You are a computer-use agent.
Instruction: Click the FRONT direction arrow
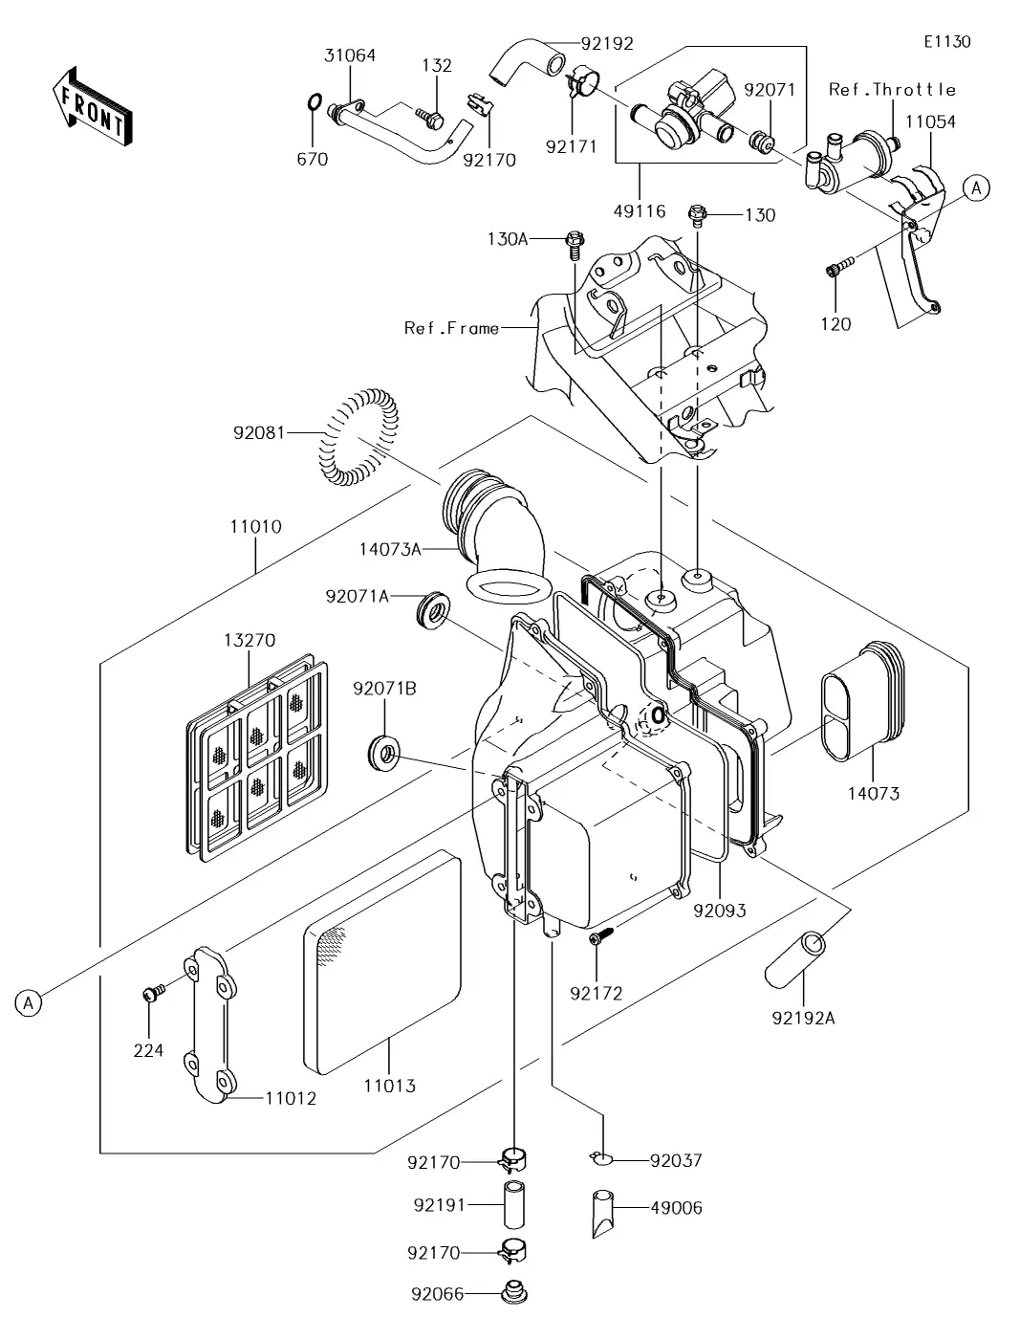coord(92,105)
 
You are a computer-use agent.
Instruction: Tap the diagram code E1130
coord(946,42)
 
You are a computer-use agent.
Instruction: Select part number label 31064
coord(350,55)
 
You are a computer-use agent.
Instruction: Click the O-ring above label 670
coord(313,102)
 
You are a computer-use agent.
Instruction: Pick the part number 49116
coord(640,210)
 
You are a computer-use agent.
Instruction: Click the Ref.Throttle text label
coord(892,90)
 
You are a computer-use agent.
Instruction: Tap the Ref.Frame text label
coord(451,328)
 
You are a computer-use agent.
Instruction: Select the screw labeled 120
coord(834,272)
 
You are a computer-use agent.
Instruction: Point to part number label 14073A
coord(390,549)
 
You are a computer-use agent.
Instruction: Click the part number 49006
coord(676,1208)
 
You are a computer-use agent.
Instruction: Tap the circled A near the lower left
coord(29,1002)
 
